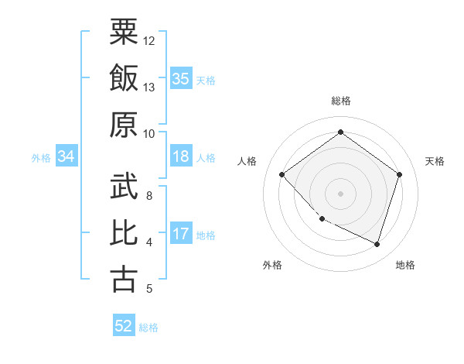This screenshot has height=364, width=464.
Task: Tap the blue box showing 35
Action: pyautogui.click(x=181, y=79)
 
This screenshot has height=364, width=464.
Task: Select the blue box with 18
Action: pyautogui.click(x=181, y=157)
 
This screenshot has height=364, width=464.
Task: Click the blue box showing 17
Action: pyautogui.click(x=181, y=235)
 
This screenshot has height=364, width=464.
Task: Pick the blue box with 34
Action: pyautogui.click(x=67, y=157)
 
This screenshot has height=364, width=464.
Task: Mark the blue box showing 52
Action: pyautogui.click(x=124, y=327)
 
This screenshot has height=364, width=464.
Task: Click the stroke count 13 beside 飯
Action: pyautogui.click(x=149, y=87)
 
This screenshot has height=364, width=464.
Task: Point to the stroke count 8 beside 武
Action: pyautogui.click(x=149, y=196)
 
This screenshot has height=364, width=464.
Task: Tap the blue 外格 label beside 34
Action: pyautogui.click(x=41, y=158)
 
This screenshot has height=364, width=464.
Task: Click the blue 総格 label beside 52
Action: pyautogui.click(x=148, y=328)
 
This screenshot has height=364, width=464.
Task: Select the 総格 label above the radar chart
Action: pyautogui.click(x=340, y=101)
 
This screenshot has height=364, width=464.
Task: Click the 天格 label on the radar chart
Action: pyautogui.click(x=435, y=161)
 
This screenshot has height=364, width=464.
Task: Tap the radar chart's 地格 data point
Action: pyautogui.click(x=377, y=244)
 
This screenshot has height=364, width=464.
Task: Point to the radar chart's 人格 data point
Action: pyautogui.click(x=282, y=175)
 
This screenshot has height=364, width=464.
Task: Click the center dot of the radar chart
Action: pyautogui.click(x=340, y=193)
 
